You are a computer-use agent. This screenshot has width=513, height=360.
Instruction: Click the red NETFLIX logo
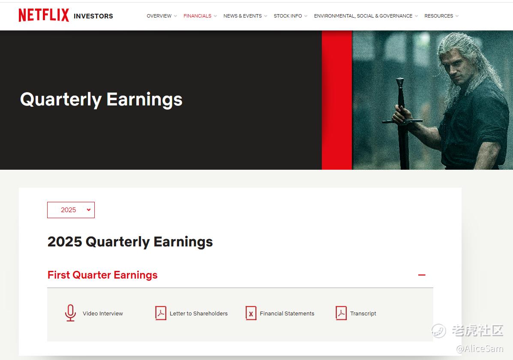click(44, 15)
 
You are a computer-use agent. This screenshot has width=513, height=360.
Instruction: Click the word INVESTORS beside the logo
click(93, 16)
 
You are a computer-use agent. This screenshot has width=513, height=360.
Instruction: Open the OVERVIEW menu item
click(159, 16)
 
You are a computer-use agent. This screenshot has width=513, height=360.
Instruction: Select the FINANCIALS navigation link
click(197, 16)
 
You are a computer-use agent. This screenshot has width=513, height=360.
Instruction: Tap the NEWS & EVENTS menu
click(243, 16)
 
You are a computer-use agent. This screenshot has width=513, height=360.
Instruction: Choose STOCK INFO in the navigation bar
click(288, 16)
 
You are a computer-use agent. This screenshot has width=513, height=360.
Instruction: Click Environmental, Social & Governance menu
click(363, 16)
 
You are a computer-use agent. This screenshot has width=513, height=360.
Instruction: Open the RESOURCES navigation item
click(439, 16)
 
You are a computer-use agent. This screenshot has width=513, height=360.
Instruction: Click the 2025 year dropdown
click(71, 210)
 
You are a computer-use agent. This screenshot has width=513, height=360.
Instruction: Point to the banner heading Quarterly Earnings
click(102, 99)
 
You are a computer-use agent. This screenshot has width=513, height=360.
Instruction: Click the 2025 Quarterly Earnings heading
click(130, 242)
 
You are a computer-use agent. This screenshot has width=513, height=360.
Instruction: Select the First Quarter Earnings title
click(102, 275)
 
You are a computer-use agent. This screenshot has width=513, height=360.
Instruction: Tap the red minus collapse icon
click(422, 275)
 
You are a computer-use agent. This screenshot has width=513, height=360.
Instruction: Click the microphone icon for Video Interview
click(70, 313)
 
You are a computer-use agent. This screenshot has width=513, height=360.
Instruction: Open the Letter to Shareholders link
click(198, 313)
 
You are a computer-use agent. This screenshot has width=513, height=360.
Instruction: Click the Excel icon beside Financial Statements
click(251, 313)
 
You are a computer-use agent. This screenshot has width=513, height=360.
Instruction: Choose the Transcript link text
click(363, 314)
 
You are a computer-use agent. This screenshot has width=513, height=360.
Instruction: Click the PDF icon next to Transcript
click(341, 313)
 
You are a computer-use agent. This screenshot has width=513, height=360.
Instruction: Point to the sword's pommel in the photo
click(400, 81)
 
